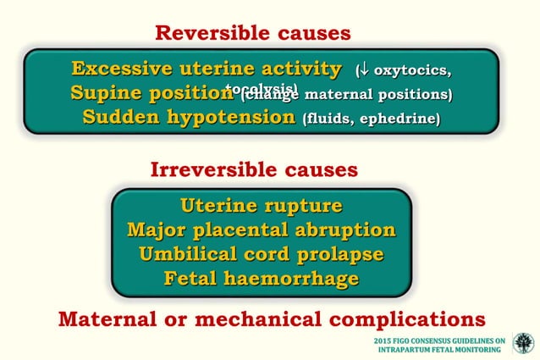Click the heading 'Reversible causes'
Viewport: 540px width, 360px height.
click(252, 33)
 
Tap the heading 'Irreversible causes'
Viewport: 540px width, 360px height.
click(254, 170)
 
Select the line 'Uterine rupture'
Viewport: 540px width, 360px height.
click(261, 207)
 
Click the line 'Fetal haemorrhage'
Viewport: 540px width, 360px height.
click(261, 278)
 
